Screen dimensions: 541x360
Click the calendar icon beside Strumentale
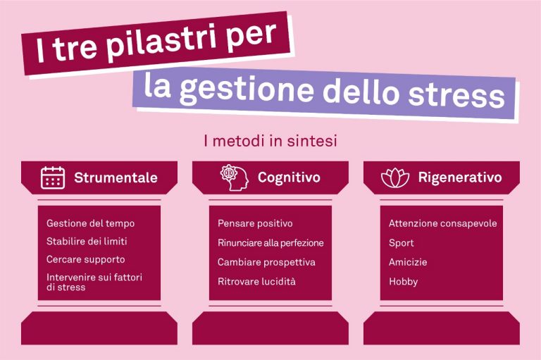click(52, 178)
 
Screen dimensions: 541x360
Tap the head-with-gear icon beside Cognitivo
click(235, 178)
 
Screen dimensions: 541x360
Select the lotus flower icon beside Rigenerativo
click(395, 178)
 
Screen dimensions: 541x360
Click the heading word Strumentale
click(116, 178)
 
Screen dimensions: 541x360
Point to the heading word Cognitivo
click(289, 178)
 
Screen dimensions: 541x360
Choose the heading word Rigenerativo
click(460, 178)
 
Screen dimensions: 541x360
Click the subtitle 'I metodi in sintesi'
click(270, 141)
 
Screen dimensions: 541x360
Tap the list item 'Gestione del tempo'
click(90, 223)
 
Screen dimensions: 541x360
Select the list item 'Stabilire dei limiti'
click(87, 241)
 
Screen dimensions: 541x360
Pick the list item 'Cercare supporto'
click(85, 259)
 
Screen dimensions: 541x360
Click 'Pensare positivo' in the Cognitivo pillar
click(255, 223)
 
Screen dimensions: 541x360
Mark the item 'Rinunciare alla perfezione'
click(270, 242)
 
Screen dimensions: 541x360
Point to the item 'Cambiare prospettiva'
click(266, 262)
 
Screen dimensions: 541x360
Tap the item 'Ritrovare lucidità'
click(256, 281)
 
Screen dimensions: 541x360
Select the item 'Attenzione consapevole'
click(442, 223)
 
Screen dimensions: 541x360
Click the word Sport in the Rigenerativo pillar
click(401, 243)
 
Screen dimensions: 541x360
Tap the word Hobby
click(404, 282)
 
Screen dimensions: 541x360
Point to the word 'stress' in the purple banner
click(456, 94)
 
